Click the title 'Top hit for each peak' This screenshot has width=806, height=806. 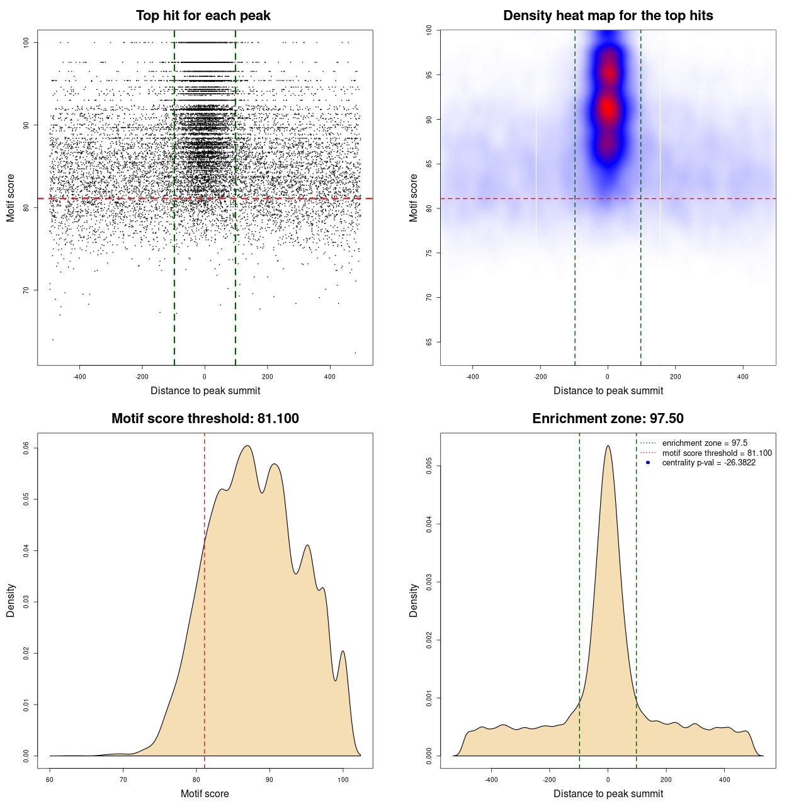(x=203, y=16)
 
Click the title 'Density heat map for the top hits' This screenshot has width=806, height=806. (x=608, y=16)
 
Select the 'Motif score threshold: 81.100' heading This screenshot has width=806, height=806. (x=205, y=419)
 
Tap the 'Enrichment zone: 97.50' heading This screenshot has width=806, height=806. (x=608, y=419)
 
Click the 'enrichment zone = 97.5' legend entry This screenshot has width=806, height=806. (x=705, y=443)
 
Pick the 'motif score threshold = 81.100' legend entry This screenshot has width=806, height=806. (x=717, y=453)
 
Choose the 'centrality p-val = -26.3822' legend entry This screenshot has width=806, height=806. (x=708, y=463)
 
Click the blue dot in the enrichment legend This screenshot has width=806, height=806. (x=648, y=463)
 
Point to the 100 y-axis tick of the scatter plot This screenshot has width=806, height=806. (x=26, y=42)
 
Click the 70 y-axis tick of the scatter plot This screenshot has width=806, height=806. (x=26, y=290)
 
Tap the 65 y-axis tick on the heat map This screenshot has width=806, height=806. (x=429, y=342)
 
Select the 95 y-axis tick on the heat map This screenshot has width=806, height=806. (x=429, y=75)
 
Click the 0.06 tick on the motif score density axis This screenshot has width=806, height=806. (x=26, y=448)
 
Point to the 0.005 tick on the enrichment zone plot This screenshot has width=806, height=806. (x=429, y=466)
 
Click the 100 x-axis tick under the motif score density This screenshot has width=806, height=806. (x=343, y=780)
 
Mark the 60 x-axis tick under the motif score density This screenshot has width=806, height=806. (x=50, y=780)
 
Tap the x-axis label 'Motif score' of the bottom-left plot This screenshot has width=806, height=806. (x=205, y=793)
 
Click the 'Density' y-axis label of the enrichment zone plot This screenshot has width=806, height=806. (x=414, y=600)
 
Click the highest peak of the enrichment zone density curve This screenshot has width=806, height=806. (x=608, y=446)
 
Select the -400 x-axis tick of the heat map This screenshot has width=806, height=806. (x=472, y=377)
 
